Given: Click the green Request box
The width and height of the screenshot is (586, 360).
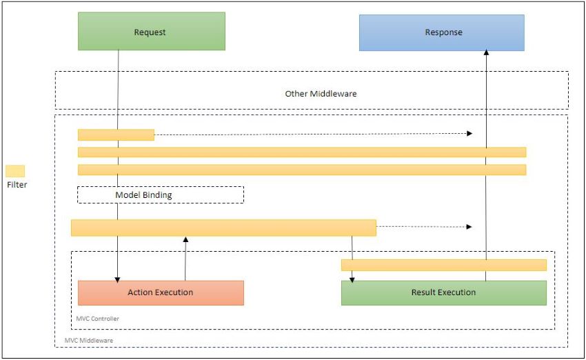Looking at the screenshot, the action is pyautogui.click(x=152, y=31).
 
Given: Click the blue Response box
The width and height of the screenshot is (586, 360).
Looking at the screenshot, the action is pyautogui.click(x=442, y=32).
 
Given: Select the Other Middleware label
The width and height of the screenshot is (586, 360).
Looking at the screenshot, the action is pyautogui.click(x=321, y=94).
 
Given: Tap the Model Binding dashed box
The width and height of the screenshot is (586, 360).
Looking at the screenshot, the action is pyautogui.click(x=161, y=194).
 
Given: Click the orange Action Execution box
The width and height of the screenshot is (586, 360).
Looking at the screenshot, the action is pyautogui.click(x=161, y=292).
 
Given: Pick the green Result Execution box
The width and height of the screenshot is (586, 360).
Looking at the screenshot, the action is pyautogui.click(x=443, y=292).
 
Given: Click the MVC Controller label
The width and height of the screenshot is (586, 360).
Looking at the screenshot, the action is pyautogui.click(x=97, y=319).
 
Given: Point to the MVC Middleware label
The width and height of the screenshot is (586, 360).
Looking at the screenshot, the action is pyautogui.click(x=88, y=340).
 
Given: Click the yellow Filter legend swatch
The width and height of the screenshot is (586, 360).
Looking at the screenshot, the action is pyautogui.click(x=15, y=171).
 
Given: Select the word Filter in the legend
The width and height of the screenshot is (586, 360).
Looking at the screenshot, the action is pyautogui.click(x=17, y=185).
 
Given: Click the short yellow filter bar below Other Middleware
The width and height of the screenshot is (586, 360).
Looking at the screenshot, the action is pyautogui.click(x=116, y=135).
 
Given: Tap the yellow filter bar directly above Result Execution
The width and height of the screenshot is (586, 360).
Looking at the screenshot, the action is pyautogui.click(x=443, y=265).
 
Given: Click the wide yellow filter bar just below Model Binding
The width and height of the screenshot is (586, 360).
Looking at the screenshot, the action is pyautogui.click(x=223, y=228).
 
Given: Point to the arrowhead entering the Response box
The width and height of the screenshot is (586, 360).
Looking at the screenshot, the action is pyautogui.click(x=486, y=52).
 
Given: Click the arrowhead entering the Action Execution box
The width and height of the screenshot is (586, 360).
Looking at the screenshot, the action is pyautogui.click(x=117, y=279).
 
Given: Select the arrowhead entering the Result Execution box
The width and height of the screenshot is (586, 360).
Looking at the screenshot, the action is pyautogui.click(x=352, y=279).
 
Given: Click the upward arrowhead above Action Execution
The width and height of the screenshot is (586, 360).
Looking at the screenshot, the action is pyautogui.click(x=185, y=239).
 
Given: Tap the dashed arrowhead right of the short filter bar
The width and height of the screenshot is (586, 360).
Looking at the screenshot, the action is pyautogui.click(x=469, y=134).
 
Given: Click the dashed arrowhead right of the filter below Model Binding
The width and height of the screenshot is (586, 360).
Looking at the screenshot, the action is pyautogui.click(x=469, y=226).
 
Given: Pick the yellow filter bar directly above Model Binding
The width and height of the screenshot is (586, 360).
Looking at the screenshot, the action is pyautogui.click(x=302, y=170).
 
